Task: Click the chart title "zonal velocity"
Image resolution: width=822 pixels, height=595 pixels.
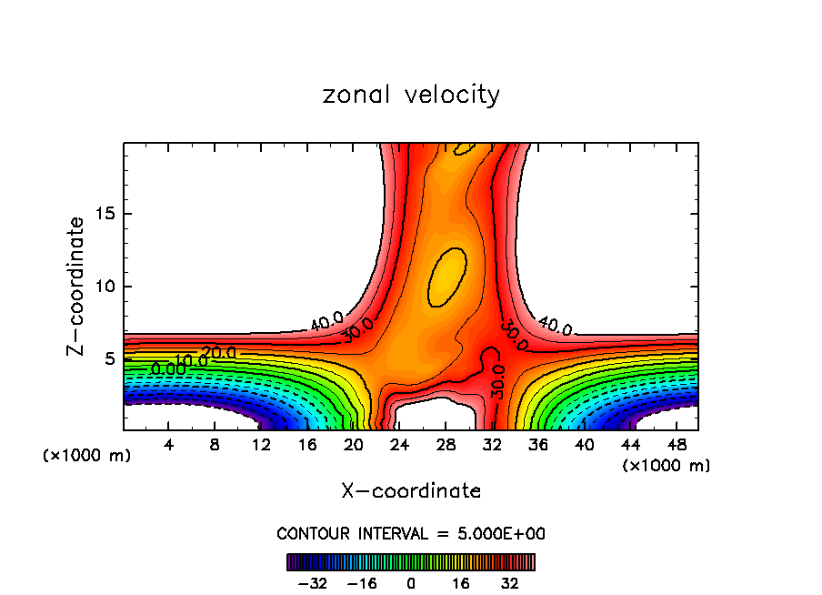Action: (x=411, y=95)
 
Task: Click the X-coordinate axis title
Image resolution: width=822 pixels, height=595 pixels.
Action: (x=411, y=491)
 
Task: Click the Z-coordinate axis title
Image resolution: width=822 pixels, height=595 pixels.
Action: (x=77, y=286)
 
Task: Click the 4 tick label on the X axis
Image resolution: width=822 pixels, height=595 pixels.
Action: (x=168, y=445)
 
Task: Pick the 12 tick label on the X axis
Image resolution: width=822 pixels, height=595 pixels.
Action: (x=261, y=445)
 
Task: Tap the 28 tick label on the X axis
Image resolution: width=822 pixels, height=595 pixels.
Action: (x=446, y=445)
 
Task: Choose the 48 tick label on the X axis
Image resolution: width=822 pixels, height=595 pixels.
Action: (x=677, y=445)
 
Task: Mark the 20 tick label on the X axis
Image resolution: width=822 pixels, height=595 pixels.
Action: (x=353, y=445)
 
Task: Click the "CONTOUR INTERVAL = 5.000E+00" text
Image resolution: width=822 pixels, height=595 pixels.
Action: (x=411, y=534)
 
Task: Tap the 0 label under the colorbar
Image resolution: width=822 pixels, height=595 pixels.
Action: (x=411, y=583)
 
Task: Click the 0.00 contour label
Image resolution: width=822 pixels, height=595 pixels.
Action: (x=167, y=369)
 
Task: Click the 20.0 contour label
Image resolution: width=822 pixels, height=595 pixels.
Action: (x=218, y=352)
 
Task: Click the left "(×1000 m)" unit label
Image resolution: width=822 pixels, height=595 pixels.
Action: (x=87, y=456)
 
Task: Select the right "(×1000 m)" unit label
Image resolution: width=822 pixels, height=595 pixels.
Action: (x=667, y=466)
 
